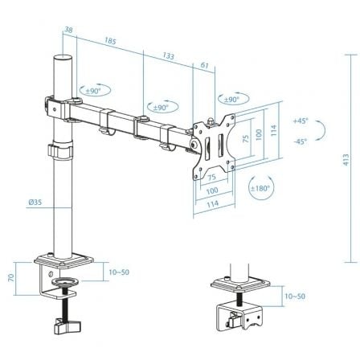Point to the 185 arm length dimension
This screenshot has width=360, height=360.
click(x=109, y=39)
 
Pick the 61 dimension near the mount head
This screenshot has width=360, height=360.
click(x=205, y=66)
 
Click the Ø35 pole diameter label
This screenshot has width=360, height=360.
click(x=35, y=202)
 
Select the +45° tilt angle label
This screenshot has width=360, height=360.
click(x=301, y=121)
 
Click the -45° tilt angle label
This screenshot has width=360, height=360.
click(x=301, y=141)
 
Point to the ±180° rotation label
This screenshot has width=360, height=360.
click(x=260, y=188)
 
